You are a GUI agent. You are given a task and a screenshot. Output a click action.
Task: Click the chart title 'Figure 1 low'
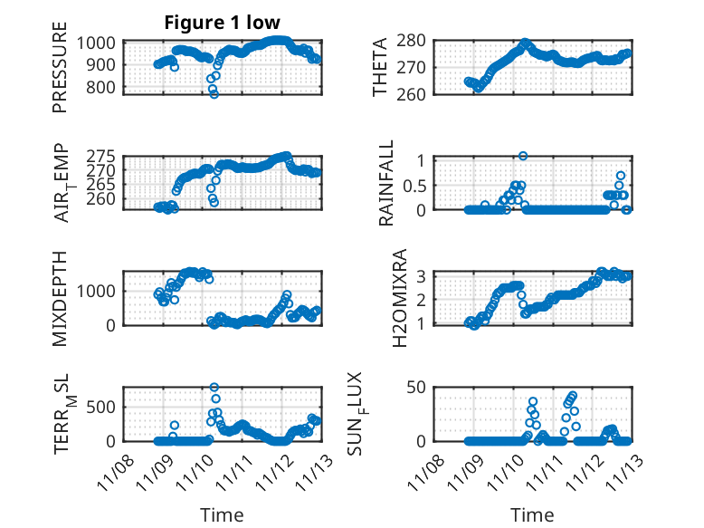pos(222,22)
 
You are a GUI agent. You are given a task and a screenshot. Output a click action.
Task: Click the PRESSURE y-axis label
pos(60,73)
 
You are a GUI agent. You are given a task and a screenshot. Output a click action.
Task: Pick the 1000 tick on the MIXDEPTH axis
pos(100,291)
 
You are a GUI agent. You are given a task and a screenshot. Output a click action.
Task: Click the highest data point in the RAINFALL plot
pos(523,156)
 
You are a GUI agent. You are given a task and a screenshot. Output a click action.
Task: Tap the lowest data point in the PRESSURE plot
pos(214,94)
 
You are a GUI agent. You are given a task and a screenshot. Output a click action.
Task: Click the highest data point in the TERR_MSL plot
pos(214,388)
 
